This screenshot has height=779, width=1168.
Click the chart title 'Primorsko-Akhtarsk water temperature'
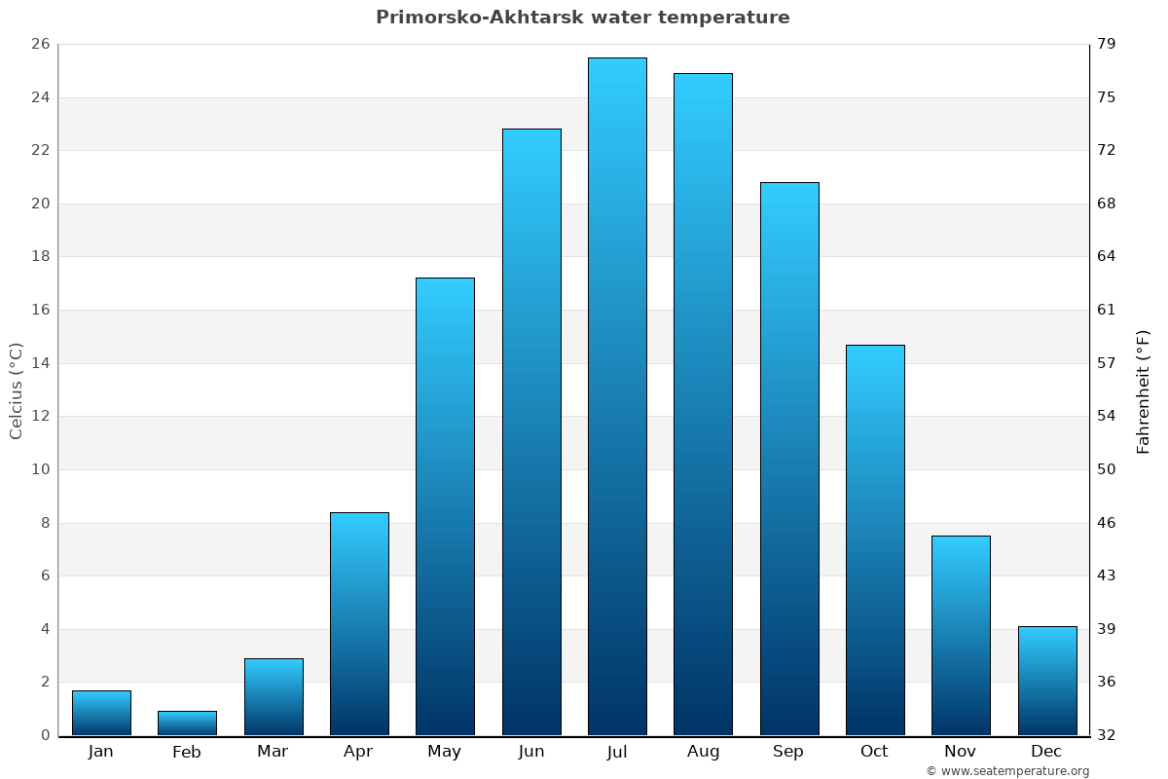582,18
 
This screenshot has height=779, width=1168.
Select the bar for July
617,396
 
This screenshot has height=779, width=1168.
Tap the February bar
187,723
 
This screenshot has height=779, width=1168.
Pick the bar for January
101,713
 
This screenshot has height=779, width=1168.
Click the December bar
1047,681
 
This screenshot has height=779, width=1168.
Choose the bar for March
274,696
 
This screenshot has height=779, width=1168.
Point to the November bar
961,635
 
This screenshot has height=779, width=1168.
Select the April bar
359,623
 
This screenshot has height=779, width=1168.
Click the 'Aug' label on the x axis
703,752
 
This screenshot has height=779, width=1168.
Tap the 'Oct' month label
874,752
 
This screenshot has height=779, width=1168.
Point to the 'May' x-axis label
444,752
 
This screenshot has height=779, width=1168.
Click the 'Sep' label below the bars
788,752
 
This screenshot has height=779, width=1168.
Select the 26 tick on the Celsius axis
40,45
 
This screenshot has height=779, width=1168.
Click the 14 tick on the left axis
40,363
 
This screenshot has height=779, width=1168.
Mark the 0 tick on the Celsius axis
45,735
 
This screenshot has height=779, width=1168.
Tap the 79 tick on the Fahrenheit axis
1107,45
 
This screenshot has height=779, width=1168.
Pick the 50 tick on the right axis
1107,469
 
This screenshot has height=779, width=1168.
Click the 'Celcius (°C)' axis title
16,390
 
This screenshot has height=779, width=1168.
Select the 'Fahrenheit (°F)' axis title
1143,390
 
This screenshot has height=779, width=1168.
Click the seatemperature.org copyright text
1006,771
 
